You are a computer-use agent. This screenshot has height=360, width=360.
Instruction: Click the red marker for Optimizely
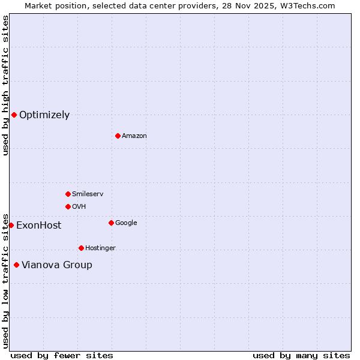[14, 115]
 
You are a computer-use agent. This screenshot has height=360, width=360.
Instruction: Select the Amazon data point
[118, 136]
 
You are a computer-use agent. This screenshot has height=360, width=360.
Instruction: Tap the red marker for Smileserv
[68, 194]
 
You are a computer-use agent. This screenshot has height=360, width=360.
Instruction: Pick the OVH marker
[68, 206]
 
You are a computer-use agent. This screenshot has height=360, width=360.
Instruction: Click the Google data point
[111, 223]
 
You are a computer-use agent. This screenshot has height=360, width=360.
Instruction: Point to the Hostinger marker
[81, 248]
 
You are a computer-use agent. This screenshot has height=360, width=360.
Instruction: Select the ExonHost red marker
[11, 225]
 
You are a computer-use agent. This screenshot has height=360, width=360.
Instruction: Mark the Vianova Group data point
[16, 265]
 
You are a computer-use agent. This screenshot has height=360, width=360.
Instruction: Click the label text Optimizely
[44, 115]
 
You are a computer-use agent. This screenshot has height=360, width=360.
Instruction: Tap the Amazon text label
[134, 136]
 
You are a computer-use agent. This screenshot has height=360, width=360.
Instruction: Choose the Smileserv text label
[88, 194]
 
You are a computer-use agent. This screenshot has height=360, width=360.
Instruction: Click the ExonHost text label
[38, 226]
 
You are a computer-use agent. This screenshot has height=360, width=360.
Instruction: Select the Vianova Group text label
[57, 265]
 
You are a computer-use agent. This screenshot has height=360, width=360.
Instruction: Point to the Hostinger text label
[100, 248]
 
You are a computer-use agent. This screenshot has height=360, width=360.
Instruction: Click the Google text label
[126, 223]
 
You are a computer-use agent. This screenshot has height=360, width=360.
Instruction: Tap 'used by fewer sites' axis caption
[62, 355]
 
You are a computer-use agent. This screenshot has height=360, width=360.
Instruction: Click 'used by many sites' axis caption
[301, 355]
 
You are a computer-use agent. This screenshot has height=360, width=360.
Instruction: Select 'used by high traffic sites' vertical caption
[5, 85]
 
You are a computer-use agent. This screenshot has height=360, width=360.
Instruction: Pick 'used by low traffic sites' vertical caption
[5, 280]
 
